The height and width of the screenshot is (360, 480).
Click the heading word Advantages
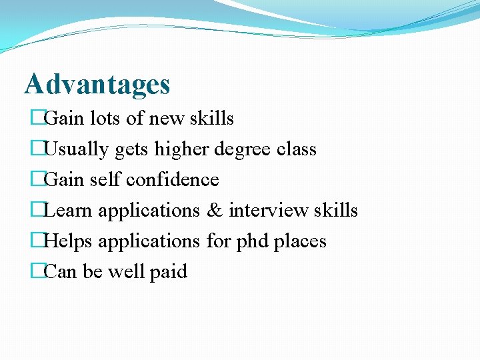pos(97,85)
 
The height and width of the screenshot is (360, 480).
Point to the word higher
pos(181,149)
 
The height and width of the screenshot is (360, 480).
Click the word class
pos(295,149)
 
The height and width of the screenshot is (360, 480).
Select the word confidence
pos(173,180)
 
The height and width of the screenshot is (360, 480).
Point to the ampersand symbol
pos(215,211)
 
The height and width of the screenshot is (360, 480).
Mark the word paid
pos(169,272)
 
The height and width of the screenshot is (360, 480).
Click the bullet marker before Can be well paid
pos(37,272)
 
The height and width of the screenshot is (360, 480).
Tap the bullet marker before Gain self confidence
pos(37,180)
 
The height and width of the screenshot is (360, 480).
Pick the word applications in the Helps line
pos(149,241)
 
